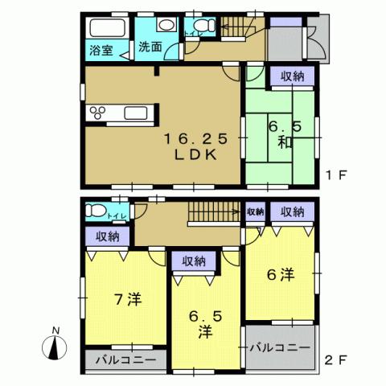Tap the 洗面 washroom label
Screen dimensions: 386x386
pyautogui.click(x=150, y=47)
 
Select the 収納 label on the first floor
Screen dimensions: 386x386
pyautogui.click(x=293, y=76)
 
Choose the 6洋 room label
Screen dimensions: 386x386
pyautogui.click(x=280, y=275)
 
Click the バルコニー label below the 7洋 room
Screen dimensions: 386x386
pyautogui.click(x=125, y=358)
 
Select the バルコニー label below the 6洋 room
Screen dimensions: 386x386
pyautogui.click(x=279, y=347)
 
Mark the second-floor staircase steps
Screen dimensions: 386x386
pyautogui.click(x=212, y=213)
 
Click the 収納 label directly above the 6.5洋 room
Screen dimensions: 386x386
pyautogui.click(x=194, y=261)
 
